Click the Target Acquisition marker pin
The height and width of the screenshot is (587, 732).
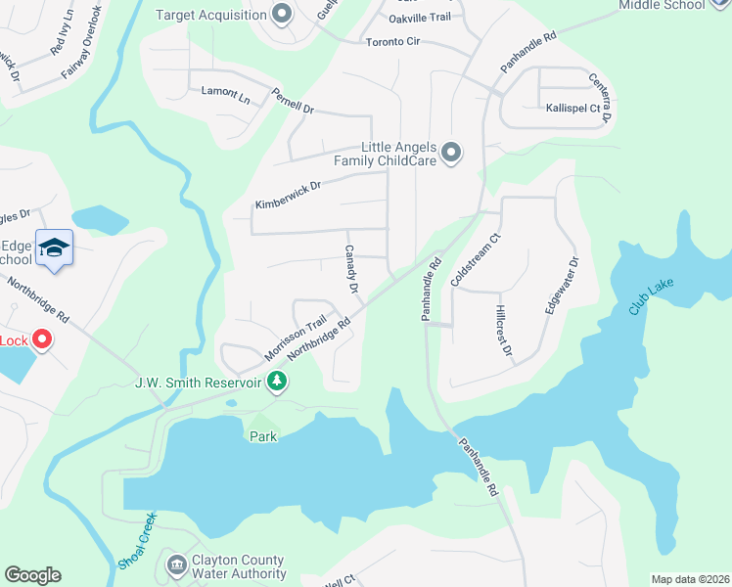282,14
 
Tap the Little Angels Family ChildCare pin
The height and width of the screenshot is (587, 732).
450,153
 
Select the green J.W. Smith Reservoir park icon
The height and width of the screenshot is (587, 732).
277,381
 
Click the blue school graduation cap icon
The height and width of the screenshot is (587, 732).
54,248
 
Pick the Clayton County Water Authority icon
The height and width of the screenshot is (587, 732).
176,565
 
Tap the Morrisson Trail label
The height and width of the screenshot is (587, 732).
295,337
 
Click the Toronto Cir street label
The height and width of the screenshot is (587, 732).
391,42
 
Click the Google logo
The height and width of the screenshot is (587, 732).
32,575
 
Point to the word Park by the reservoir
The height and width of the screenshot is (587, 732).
263,435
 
